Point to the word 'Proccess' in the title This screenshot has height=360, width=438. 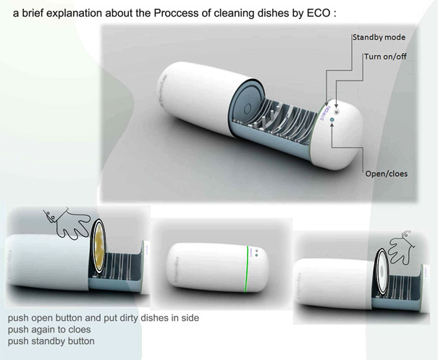(x=174, y=11)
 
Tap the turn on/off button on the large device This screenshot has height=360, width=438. (x=337, y=102)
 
